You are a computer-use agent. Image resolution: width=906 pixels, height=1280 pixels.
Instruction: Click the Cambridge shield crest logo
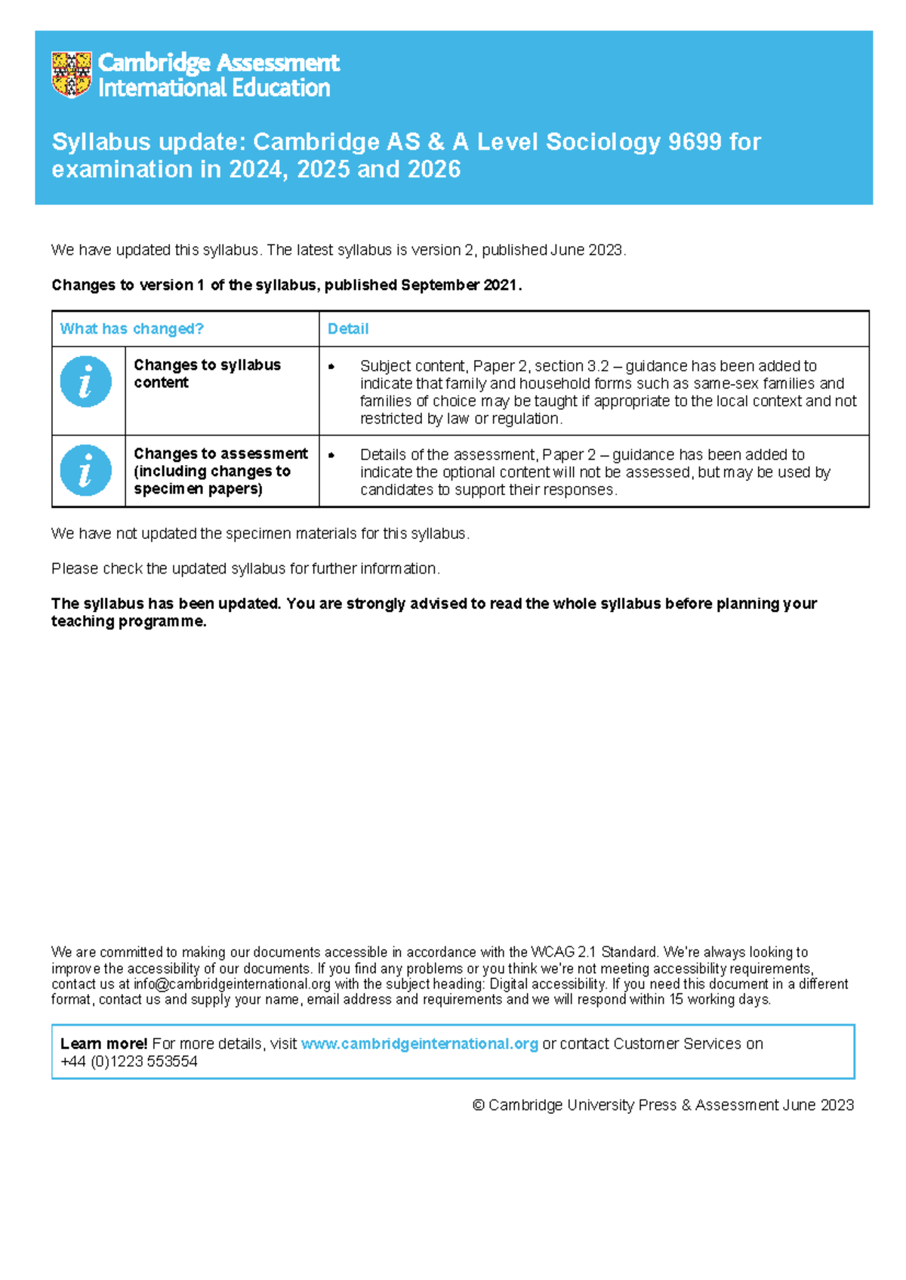(x=71, y=74)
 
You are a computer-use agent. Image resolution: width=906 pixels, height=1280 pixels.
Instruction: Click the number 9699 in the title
(x=695, y=142)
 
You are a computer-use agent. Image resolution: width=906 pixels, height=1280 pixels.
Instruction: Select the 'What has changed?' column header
(x=131, y=329)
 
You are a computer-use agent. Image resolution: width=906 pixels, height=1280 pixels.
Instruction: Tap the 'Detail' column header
(x=348, y=329)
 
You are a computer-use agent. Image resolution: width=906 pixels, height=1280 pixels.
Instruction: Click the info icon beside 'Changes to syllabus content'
(x=86, y=382)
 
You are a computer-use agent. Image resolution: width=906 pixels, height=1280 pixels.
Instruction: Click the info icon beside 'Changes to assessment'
(x=86, y=470)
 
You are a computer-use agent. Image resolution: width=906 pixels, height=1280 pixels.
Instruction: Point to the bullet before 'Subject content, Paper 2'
(x=331, y=367)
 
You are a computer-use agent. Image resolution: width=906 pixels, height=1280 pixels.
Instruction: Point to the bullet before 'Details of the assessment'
(x=331, y=455)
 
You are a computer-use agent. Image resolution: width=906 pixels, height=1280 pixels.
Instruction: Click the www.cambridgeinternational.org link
(x=420, y=1044)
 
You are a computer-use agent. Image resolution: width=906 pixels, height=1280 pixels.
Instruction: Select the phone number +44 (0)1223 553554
(x=129, y=1062)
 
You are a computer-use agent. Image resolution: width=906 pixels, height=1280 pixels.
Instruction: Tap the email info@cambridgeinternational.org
(x=232, y=984)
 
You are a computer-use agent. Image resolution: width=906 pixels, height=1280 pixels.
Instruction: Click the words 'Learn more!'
(x=103, y=1044)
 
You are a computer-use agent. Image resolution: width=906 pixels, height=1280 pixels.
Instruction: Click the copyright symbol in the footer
(x=478, y=1106)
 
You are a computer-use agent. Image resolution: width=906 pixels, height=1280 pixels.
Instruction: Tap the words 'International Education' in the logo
(x=214, y=88)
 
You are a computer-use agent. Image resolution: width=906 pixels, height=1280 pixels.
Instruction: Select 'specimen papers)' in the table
(x=198, y=489)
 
